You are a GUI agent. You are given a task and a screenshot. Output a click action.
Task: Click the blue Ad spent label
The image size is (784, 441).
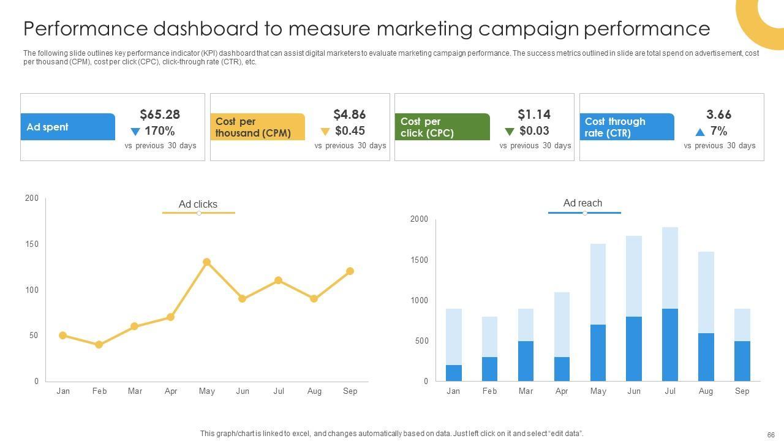pos(67,127)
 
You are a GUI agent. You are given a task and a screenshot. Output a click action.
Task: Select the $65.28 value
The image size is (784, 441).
pos(160,115)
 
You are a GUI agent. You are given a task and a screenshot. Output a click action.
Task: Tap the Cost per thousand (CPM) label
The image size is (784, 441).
pos(257,127)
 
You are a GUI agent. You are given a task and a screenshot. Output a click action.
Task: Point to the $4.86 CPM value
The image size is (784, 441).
pos(349,115)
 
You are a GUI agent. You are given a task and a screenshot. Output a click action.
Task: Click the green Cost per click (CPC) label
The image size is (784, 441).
pos(442,127)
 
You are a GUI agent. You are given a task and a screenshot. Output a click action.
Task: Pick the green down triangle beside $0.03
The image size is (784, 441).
pos(509,132)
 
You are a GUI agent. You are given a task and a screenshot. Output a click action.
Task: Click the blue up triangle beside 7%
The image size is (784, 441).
pos(700,132)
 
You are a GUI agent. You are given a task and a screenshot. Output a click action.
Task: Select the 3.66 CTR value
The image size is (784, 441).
pos(718,115)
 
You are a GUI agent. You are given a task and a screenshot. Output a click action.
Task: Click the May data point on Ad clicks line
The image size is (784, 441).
pos(206,262)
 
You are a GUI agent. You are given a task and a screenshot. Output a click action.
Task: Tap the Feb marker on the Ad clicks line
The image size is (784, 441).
pos(99,345)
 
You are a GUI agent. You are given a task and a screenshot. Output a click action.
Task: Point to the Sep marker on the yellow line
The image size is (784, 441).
pos(350,271)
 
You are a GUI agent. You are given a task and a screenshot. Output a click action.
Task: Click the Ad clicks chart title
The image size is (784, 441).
pos(198,204)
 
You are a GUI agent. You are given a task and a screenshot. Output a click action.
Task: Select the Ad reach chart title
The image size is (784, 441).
pos(582,203)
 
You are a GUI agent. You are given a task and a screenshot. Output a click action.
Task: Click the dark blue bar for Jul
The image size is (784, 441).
pos(670,345)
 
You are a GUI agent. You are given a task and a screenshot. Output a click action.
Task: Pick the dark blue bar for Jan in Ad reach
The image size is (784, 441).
pos(453,373)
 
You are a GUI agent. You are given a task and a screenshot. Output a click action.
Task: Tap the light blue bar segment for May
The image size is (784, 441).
pos(598,284)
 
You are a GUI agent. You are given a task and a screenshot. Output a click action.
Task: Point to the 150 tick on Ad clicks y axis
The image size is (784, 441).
pos(32,244)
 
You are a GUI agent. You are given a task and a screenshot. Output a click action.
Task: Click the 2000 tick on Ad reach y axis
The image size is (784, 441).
pos(419,219)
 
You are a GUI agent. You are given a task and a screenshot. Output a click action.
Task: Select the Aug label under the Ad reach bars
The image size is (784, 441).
pos(706,391)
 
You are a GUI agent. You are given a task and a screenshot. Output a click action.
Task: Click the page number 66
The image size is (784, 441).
pos(771,434)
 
